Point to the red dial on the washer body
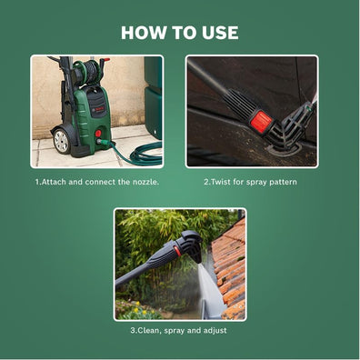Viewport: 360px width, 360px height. pyautogui.click(x=97, y=133)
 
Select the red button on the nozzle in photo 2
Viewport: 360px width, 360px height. pyautogui.click(x=261, y=119)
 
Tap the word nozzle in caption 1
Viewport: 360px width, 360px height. pyautogui.click(x=142, y=182)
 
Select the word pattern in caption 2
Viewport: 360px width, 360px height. pyautogui.click(x=283, y=182)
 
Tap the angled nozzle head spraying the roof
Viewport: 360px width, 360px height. pyautogui.click(x=191, y=244)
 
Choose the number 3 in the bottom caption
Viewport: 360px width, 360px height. pyautogui.click(x=133, y=330)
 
